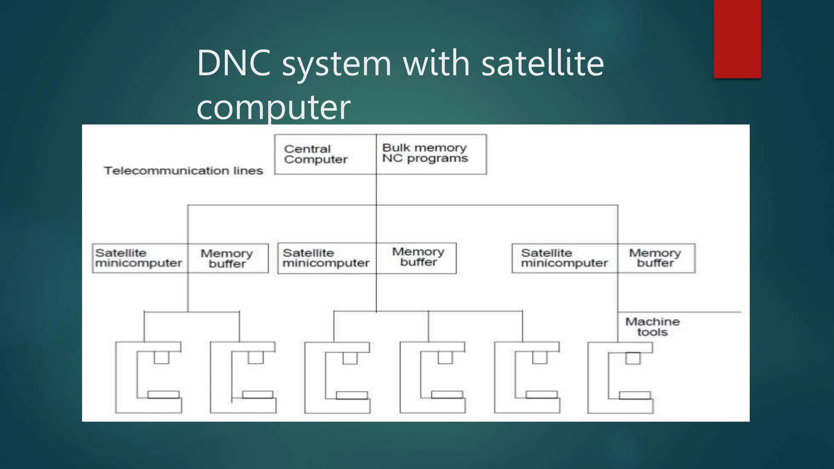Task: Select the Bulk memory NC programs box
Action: [431, 154]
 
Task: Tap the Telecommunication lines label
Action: [183, 171]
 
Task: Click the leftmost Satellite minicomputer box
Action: [140, 258]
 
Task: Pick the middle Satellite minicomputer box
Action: [327, 258]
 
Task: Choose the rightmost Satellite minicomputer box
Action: [564, 258]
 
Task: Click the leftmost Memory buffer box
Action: [228, 258]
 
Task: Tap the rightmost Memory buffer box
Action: [656, 258]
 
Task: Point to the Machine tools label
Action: [652, 327]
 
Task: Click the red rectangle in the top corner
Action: [737, 39]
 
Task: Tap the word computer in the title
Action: [273, 107]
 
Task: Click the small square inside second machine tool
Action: [256, 357]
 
